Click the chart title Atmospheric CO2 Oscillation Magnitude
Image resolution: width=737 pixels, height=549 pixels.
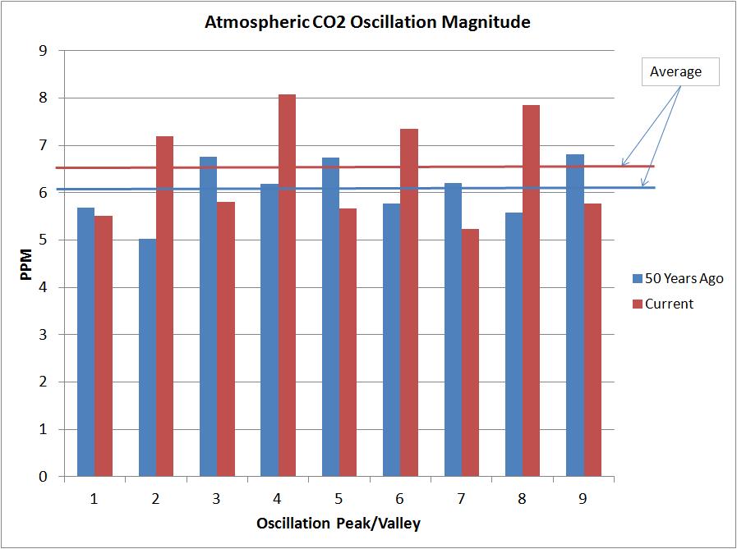tap(367, 22)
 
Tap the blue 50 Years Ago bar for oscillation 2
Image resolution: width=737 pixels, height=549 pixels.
tap(147, 358)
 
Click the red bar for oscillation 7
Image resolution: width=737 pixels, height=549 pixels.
tap(470, 353)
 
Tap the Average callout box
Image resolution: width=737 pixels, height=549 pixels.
tap(676, 71)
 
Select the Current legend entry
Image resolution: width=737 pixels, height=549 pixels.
tap(669, 304)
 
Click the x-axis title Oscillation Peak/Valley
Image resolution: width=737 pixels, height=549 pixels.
tap(338, 524)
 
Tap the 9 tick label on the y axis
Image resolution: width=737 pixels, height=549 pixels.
tap(44, 51)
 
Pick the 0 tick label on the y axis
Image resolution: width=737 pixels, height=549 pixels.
tap(44, 477)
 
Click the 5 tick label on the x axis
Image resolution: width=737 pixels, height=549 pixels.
tap(339, 498)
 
